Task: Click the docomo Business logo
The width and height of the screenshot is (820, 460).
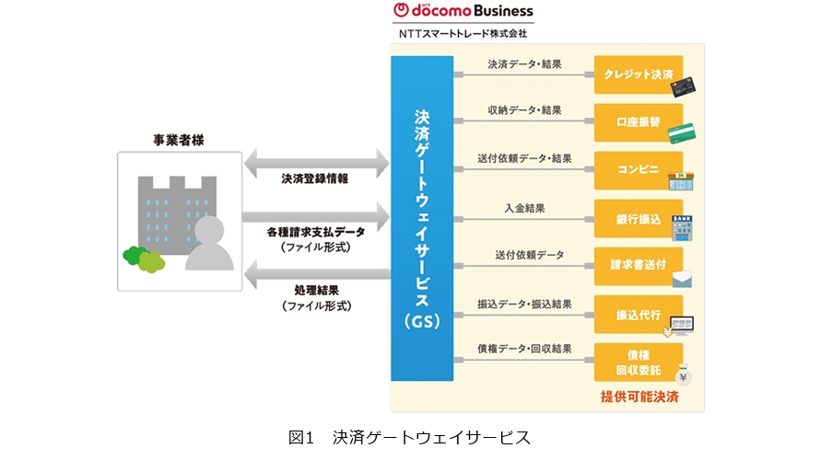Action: coord(463,11)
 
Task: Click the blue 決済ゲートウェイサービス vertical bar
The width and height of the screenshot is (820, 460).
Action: coord(422,218)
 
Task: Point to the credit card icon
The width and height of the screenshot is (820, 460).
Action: coord(683,86)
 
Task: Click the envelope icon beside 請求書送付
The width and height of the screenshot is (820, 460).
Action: coord(682,280)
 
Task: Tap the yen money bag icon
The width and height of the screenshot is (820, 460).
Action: coord(683,374)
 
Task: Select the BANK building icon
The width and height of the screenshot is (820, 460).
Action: coord(683,228)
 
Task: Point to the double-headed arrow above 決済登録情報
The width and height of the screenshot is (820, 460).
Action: coord(316,165)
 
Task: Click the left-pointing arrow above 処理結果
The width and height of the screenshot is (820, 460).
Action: coord(316,274)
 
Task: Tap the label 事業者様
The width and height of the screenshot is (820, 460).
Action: coord(178,140)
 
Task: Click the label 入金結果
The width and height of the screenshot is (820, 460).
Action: coord(523,209)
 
